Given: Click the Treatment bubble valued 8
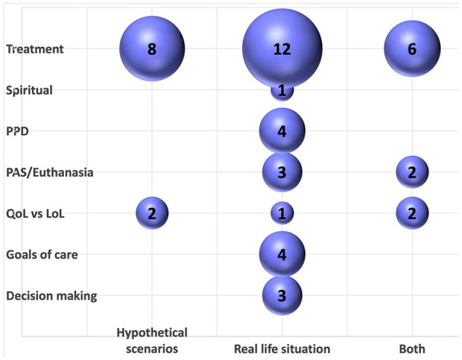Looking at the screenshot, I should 151,49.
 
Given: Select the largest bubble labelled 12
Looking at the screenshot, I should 282,49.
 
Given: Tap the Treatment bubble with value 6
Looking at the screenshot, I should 412,49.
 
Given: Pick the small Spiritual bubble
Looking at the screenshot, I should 282,91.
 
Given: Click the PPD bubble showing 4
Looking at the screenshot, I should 282,132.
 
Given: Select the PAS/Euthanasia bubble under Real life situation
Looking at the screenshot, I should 282,173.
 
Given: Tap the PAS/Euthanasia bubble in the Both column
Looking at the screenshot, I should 412,173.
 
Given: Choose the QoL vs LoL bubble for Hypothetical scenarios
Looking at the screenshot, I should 151,214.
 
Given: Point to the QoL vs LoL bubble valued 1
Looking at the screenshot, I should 282,214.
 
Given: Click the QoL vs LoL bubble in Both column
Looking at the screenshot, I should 412,214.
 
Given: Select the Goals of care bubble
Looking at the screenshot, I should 282,255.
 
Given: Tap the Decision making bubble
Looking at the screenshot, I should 282,295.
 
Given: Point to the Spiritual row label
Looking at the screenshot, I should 29,91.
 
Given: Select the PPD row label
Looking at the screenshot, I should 18,132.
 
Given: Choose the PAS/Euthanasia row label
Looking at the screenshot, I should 49,173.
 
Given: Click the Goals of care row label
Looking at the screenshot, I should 43,255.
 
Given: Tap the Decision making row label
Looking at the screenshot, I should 51,296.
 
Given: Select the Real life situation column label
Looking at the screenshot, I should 282,349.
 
